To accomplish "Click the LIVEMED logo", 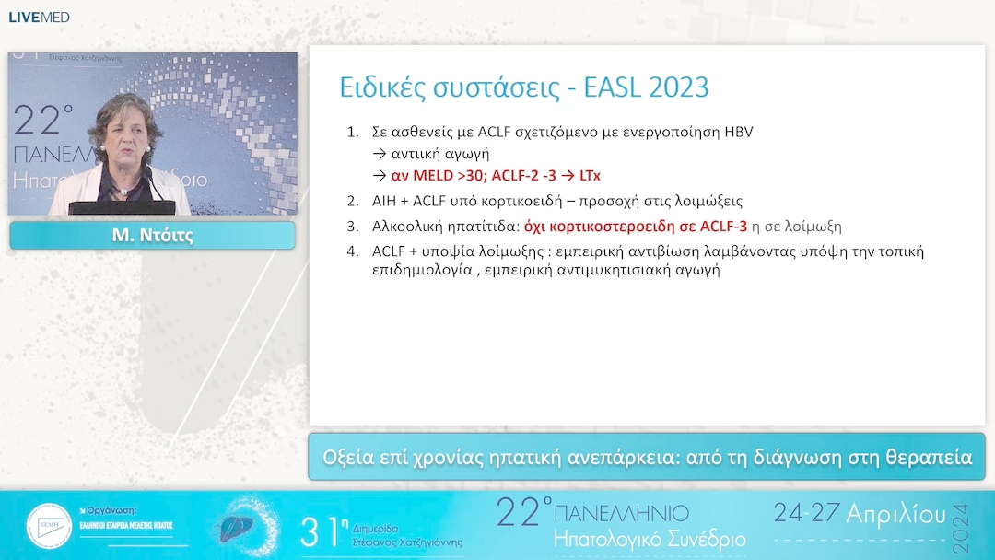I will click(39, 17).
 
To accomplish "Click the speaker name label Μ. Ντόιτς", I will click(152, 236).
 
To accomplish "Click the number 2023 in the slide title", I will click(678, 87).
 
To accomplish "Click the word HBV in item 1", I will click(737, 132).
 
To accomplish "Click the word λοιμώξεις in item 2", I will click(708, 201).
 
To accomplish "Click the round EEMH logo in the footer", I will click(49, 526).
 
